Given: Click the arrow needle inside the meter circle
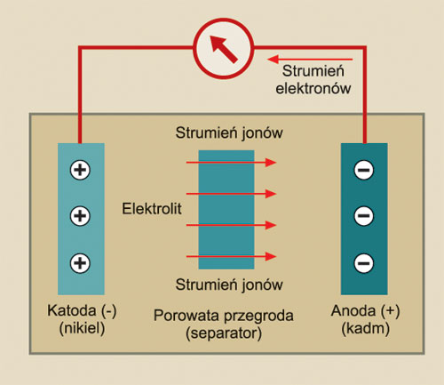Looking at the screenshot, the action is coord(224,49).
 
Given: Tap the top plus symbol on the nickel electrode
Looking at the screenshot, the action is coord(80,170).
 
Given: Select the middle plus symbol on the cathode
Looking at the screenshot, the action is coord(80,215).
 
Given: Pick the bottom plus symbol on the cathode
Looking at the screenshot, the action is coord(80,263).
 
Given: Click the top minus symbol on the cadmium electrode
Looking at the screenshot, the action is coord(364,170).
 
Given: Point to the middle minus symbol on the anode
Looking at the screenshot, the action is coord(364,215).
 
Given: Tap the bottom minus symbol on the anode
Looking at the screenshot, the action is coord(364,263).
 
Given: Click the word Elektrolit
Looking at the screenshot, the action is coord(152,209).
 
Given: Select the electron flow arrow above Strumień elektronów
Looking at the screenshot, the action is coord(310,60).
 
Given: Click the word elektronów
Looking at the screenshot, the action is coord(313,88).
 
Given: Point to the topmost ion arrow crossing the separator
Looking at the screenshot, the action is coord(231,163).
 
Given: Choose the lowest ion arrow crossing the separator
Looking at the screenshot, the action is coord(231,256).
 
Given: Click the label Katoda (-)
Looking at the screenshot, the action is coord(82,311).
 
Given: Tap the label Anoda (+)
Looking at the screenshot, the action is coord(365,311).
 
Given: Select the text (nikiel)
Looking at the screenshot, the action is coord(82,328).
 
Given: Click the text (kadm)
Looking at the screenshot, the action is coord(365,328).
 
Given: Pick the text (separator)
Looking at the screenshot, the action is coord(224,333).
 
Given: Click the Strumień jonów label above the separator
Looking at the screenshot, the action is coord(229,132).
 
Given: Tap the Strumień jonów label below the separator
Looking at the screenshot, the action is coord(229,285).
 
